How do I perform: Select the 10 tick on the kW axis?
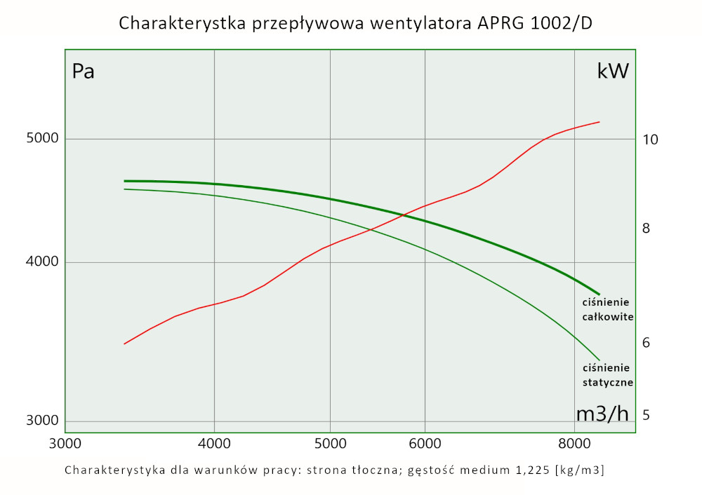[650, 140]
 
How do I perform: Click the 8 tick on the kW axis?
[647, 229]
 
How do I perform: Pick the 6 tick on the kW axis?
[647, 343]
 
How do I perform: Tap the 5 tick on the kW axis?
[647, 415]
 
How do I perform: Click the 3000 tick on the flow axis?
[65, 443]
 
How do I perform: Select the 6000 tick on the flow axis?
[425, 443]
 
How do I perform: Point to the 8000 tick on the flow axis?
[575, 443]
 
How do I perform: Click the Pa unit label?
[84, 72]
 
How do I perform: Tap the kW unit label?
[613, 72]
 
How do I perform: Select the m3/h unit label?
[602, 414]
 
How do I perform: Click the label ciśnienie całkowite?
[608, 309]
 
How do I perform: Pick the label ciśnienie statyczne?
[608, 375]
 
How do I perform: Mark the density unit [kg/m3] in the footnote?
[579, 470]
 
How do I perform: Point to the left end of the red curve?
[124, 344]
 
